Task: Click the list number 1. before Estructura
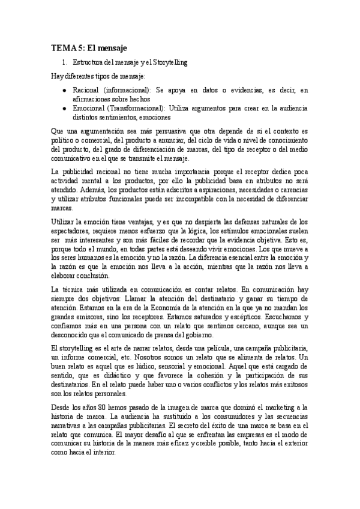point(65,62)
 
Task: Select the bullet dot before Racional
point(65,90)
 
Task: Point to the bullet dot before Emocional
point(65,109)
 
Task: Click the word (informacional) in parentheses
point(128,90)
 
